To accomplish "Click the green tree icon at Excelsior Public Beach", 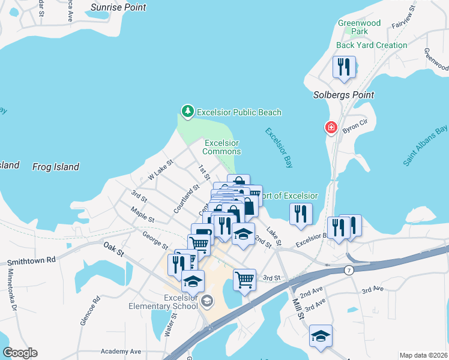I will coord(188,112).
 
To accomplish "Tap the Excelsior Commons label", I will coord(222,147).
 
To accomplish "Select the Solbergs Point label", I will coord(344,95).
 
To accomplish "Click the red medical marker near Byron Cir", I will coord(330,127).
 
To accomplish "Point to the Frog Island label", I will coord(55,167).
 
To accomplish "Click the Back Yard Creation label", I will coord(372,45).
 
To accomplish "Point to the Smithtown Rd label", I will coord(31,261).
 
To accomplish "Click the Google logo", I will coord(20,353).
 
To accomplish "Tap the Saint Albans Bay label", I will coord(426,146).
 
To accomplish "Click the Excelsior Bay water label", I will coord(278,149).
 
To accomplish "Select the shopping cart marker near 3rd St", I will coord(244,279).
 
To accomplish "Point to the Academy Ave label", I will coord(121,351).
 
